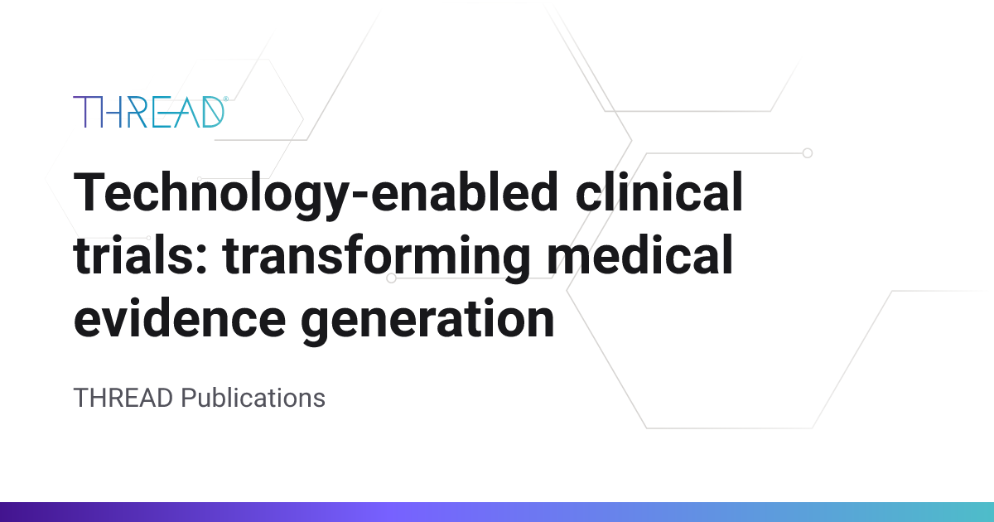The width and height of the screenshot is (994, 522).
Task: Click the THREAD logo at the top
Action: coord(151,112)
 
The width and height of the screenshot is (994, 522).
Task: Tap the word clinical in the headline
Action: coord(659,191)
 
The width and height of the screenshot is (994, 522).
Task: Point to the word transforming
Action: coord(377,259)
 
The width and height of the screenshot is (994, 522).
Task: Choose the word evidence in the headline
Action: coord(180,317)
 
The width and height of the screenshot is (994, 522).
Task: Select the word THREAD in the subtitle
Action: coord(123,398)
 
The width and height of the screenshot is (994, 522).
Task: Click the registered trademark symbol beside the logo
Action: coord(226,99)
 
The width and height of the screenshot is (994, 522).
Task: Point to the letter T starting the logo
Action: coord(84,112)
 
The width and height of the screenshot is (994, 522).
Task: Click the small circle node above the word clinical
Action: coord(808,153)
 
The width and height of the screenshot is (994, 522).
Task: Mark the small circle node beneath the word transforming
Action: coord(391,278)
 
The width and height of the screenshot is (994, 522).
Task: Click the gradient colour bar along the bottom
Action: coord(497,512)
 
